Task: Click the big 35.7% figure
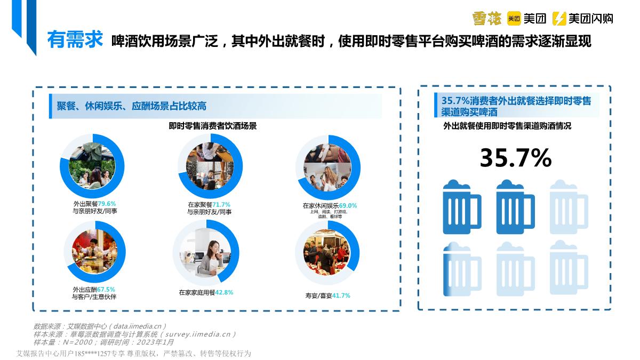(515, 158)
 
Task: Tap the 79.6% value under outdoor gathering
(107, 204)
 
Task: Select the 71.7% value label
(221, 205)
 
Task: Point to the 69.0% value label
(348, 205)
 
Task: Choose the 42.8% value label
(224, 292)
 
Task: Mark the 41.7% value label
(341, 295)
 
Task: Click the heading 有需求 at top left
(75, 41)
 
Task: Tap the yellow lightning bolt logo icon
(559, 19)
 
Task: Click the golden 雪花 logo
(486, 19)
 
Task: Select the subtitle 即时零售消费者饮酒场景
(213, 126)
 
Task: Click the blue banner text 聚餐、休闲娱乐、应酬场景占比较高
(132, 106)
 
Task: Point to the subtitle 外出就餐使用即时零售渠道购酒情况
(507, 126)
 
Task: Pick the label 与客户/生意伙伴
(94, 297)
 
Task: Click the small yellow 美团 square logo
(514, 19)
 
